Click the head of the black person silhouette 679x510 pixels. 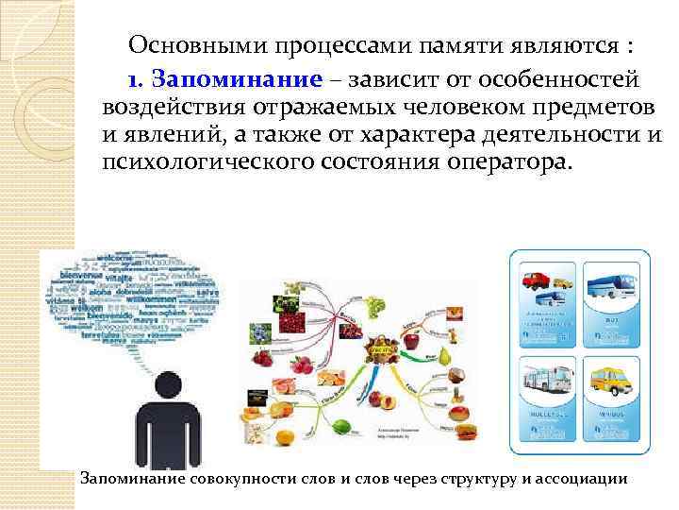coord(168,384)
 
